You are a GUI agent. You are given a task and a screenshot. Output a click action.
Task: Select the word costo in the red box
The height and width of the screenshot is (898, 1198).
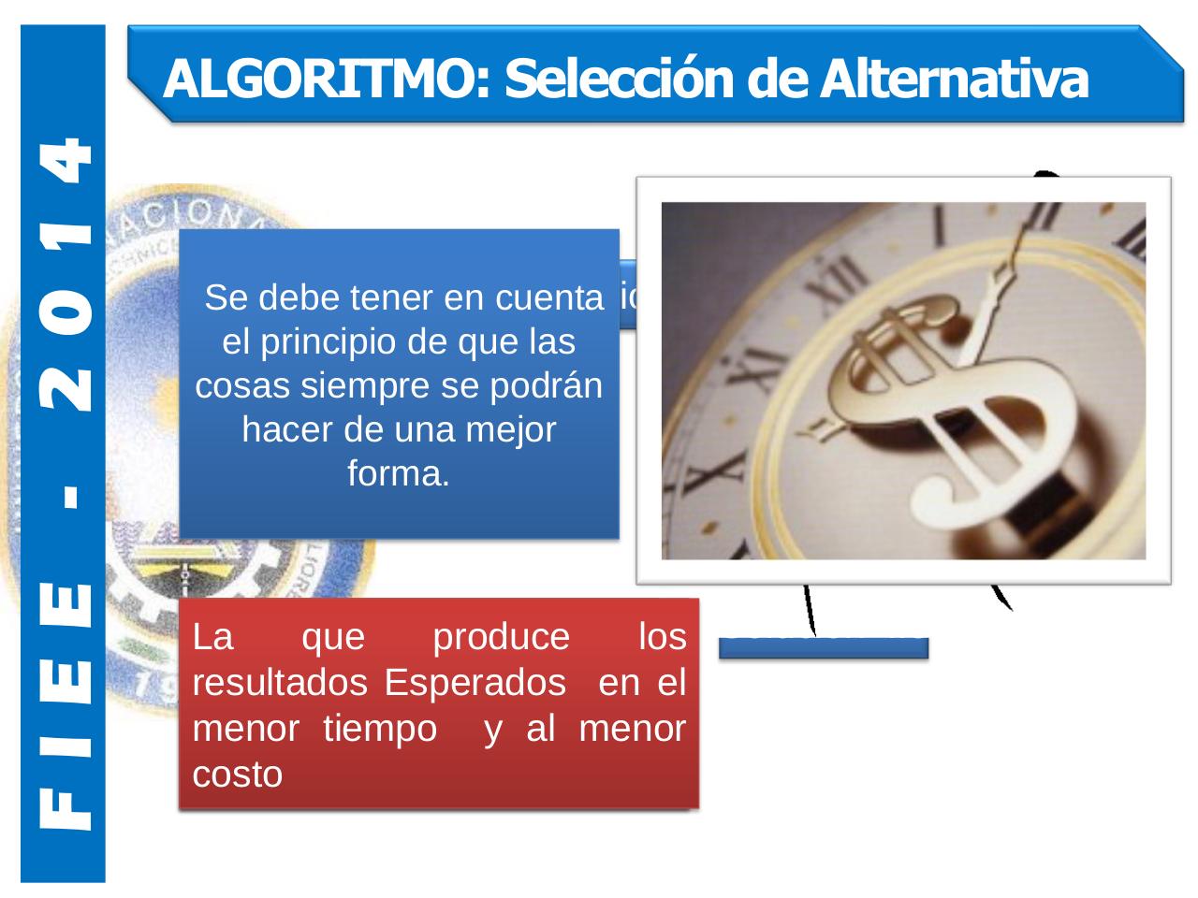click(x=237, y=775)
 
